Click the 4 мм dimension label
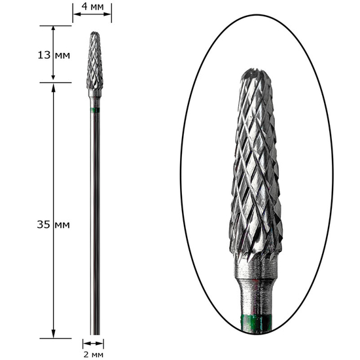click(x=93, y=7)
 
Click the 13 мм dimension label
click(x=54, y=55)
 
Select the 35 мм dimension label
click(x=53, y=225)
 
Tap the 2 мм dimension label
click(x=93, y=355)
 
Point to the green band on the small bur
click(x=95, y=110)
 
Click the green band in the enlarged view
click(x=256, y=323)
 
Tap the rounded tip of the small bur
click(x=95, y=33)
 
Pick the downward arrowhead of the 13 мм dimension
click(x=53, y=77)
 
